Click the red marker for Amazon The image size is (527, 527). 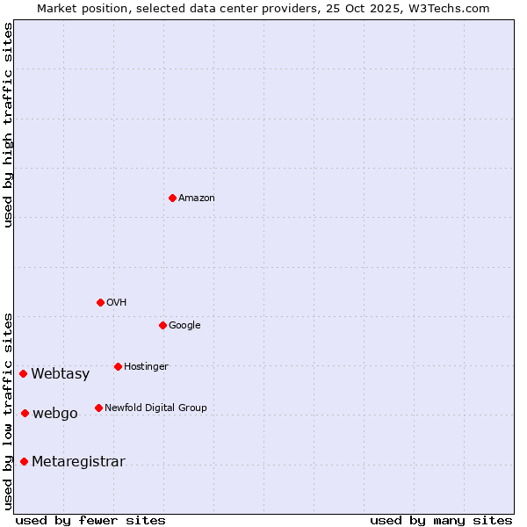pyautogui.click(x=172, y=198)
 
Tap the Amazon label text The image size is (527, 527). pyautogui.click(x=197, y=199)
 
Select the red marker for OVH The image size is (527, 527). pyautogui.click(x=100, y=302)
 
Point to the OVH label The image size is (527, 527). pyautogui.click(x=117, y=303)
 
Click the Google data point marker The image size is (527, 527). pyautogui.click(x=162, y=325)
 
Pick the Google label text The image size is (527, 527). pyautogui.click(x=184, y=326)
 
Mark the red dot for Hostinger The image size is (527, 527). pyautogui.click(x=118, y=366)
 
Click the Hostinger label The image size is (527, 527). pyautogui.click(x=146, y=367)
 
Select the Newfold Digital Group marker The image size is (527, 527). pyautogui.click(x=98, y=408)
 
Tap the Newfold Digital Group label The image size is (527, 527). pyautogui.click(x=155, y=408)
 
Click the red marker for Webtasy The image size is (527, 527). pyautogui.click(x=23, y=373)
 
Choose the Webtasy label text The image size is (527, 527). pyautogui.click(x=61, y=374)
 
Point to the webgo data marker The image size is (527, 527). pyautogui.click(x=25, y=413)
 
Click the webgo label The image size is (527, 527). pyautogui.click(x=55, y=414)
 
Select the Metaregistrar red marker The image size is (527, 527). pyautogui.click(x=24, y=461)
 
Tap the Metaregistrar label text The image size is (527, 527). pyautogui.click(x=78, y=462)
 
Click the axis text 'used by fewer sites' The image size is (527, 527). pyautogui.click(x=90, y=520)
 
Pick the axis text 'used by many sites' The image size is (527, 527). pyautogui.click(x=441, y=520)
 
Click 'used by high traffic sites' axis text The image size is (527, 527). pyautogui.click(x=8, y=125)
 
